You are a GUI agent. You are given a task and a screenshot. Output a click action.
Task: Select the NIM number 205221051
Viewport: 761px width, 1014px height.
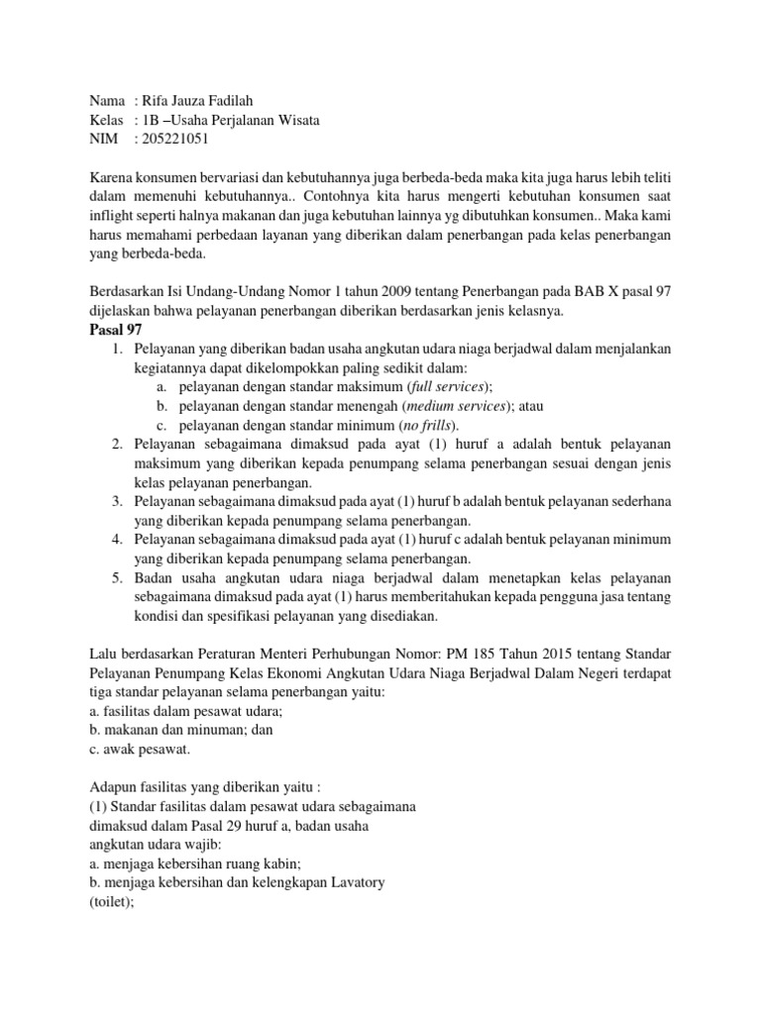(x=176, y=140)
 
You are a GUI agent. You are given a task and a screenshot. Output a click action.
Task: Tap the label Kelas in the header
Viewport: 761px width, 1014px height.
(x=105, y=121)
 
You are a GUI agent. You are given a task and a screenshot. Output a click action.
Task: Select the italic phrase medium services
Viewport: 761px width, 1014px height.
(x=457, y=405)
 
